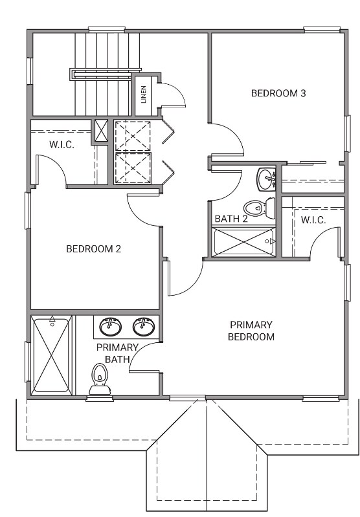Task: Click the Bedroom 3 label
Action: coord(278,93)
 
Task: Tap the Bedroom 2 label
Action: coord(94,248)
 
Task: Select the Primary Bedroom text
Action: coord(251,331)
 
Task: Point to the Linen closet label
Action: coord(144,94)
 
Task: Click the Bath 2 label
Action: coord(231,219)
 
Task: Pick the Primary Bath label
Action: coord(117,353)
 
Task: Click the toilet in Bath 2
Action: coord(260,208)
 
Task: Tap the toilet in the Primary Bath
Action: coord(100,379)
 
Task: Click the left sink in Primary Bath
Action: coord(110,326)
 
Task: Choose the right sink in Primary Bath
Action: coord(144,326)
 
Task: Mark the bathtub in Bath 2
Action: coord(244,243)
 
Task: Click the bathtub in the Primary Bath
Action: coord(52,355)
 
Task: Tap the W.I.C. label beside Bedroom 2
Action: coord(62,144)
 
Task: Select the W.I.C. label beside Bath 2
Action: coord(313,219)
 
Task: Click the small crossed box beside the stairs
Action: coord(101,131)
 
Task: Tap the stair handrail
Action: coord(106,74)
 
